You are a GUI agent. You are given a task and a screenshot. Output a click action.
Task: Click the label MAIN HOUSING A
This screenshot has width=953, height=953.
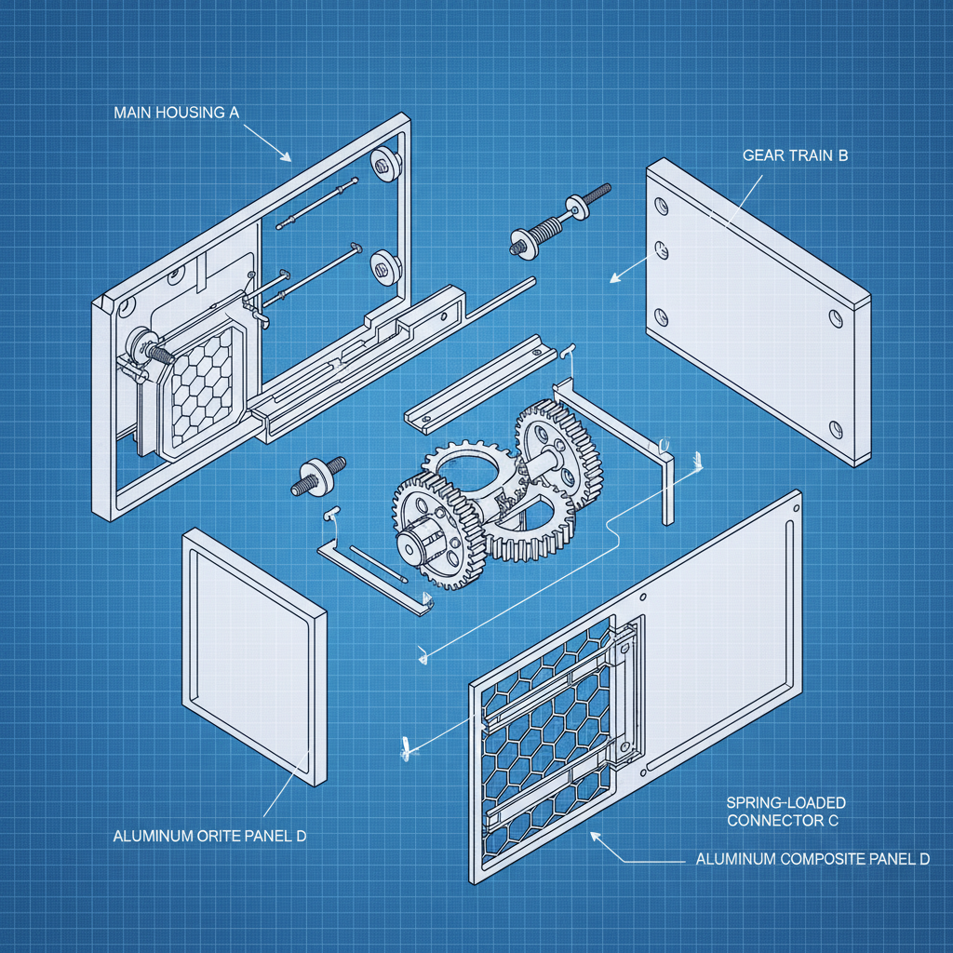[177, 113]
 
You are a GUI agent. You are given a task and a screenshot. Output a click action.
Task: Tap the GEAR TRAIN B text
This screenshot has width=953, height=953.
[795, 156]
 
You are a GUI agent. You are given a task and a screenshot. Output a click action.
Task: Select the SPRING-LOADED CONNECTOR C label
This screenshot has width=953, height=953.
[786, 811]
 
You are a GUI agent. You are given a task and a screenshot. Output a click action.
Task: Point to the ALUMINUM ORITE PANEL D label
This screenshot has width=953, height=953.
[209, 836]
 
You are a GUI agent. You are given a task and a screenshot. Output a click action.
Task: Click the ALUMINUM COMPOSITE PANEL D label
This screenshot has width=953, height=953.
[812, 859]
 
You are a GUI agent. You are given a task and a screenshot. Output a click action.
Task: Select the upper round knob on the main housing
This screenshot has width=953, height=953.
[384, 164]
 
